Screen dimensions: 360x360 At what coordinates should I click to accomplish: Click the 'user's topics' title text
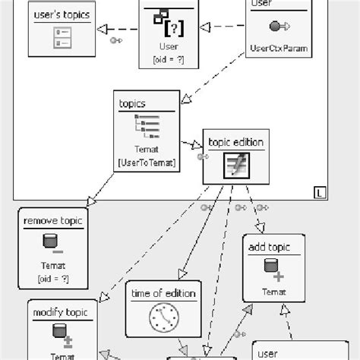tap(61, 14)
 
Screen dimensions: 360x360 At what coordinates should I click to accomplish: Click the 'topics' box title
tap(131, 103)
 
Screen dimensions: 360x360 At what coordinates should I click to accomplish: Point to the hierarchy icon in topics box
tap(147, 125)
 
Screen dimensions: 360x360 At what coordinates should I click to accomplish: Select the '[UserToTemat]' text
tap(148, 162)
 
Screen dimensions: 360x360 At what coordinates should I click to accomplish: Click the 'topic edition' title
tap(235, 142)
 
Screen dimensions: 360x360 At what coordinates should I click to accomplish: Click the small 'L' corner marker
tap(317, 194)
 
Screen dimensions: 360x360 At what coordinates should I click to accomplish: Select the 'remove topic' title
tap(53, 222)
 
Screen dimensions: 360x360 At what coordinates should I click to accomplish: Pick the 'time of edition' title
tap(163, 293)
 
